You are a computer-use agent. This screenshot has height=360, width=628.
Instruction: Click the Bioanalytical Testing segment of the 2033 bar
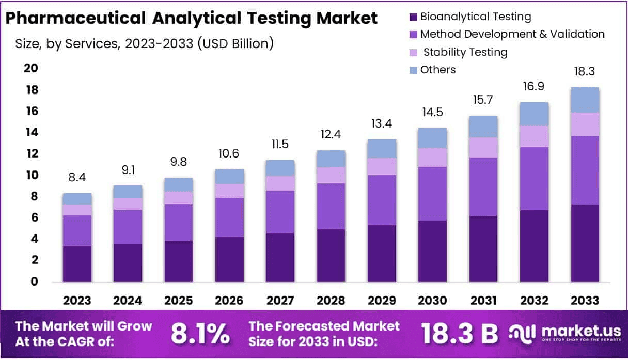click(x=585, y=243)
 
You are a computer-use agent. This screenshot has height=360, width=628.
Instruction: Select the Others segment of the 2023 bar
click(x=77, y=198)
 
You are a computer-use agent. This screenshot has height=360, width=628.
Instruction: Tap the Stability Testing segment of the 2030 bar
click(x=432, y=158)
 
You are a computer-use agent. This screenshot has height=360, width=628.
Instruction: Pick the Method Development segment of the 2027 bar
click(x=280, y=212)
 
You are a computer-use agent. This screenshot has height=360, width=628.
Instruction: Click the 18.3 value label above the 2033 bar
click(x=585, y=71)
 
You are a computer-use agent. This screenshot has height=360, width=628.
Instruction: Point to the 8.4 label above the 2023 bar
click(x=77, y=177)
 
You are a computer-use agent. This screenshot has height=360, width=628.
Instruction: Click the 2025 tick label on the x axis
click(x=179, y=301)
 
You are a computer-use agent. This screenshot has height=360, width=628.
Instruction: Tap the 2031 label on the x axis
click(x=483, y=301)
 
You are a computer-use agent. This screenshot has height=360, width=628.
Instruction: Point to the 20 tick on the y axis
click(x=32, y=69)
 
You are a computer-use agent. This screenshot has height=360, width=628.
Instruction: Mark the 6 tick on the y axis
click(x=35, y=217)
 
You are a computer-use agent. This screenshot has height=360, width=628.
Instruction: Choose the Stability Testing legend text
click(x=464, y=52)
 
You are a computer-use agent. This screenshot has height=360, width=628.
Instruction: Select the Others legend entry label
click(x=438, y=70)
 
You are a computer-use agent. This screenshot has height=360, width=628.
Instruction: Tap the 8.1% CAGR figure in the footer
click(x=200, y=334)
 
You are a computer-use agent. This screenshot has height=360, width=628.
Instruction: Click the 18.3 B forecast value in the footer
click(x=459, y=334)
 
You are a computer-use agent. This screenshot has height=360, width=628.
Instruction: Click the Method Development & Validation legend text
click(x=512, y=34)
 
